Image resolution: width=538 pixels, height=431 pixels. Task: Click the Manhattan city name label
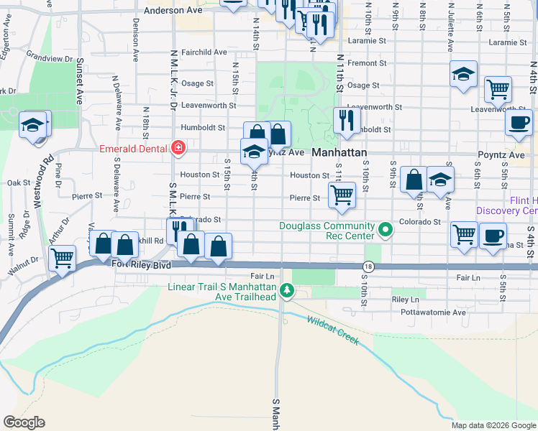click(339, 153)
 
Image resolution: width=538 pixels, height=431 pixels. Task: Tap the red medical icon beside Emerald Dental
click(178, 149)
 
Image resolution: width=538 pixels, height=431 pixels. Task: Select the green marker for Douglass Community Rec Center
click(386, 231)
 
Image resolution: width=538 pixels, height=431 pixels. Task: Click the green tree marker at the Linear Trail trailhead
click(287, 291)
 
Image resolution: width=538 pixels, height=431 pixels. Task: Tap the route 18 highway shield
click(368, 267)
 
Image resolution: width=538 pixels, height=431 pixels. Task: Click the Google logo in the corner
click(24, 422)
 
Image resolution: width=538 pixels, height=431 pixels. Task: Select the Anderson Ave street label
click(174, 11)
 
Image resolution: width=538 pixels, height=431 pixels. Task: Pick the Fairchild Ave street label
click(204, 52)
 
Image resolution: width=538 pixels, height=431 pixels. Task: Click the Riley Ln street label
click(406, 299)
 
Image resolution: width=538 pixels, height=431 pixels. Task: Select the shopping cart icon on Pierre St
click(342, 194)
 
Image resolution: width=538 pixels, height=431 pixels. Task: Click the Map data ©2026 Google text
click(493, 425)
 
